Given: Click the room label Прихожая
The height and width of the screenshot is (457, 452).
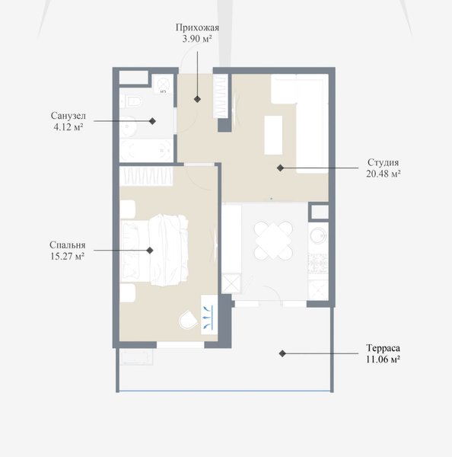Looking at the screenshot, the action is [197, 27].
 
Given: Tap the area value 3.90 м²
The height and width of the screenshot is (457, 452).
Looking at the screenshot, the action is [197, 39].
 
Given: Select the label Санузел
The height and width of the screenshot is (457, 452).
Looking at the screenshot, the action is [68, 116].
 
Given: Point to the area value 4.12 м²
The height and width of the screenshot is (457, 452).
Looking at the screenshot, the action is [68, 127].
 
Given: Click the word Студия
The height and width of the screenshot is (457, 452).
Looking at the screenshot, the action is [383, 163].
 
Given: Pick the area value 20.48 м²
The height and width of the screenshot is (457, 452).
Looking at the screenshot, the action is [383, 174].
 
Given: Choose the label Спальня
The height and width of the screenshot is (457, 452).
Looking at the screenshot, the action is [67, 245].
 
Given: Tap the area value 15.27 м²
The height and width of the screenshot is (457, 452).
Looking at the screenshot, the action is [67, 257].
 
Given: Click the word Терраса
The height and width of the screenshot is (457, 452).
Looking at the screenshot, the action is [383, 348].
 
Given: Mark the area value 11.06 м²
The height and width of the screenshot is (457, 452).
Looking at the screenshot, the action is [383, 360].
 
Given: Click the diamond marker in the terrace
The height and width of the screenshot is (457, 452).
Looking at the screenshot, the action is [282, 353].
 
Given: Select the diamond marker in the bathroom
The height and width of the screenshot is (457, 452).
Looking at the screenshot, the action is [152, 121].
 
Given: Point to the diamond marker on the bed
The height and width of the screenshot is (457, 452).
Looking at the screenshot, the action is [150, 250].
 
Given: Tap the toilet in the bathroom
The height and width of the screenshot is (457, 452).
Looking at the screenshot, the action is [131, 102].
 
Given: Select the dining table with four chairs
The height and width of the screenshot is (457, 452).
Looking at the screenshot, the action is [273, 241].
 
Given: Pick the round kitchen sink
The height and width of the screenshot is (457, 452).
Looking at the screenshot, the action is [318, 235].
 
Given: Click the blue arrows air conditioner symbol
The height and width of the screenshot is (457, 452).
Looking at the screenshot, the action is [209, 315].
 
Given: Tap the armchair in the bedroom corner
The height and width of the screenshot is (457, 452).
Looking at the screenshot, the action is [189, 320].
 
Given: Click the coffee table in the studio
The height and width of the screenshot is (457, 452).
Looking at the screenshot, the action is [273, 136].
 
